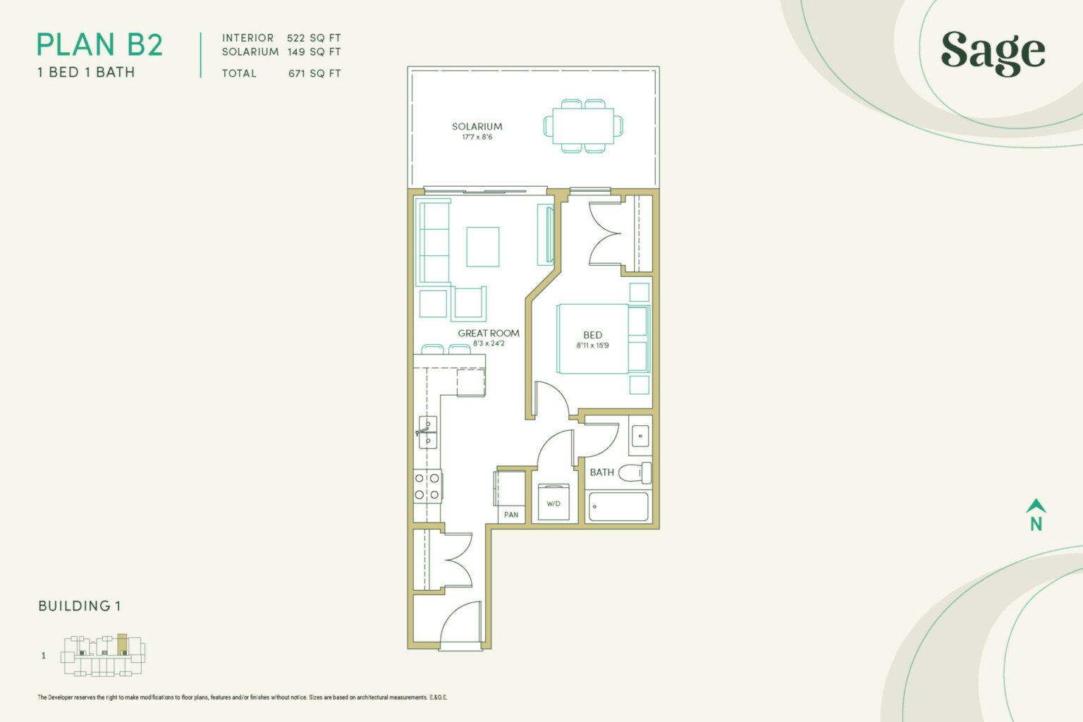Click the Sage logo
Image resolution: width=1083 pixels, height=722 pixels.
993,53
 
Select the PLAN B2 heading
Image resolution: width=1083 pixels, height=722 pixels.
99,45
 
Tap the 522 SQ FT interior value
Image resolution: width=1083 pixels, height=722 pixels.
314,38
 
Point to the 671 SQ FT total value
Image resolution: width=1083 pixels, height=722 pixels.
314,73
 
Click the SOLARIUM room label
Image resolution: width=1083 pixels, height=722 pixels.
477,127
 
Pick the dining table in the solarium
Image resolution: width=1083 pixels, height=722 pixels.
583,126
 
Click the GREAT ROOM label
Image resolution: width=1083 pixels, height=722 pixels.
489,334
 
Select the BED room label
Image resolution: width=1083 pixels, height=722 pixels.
593,335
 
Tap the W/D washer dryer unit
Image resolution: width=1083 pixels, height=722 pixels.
553,502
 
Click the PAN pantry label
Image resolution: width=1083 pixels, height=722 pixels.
511,515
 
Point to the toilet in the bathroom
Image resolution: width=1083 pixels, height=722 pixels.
635,472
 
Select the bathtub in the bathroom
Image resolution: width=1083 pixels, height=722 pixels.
618,507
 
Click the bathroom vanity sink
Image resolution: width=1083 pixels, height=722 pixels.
641,436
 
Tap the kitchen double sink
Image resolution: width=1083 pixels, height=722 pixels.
428,432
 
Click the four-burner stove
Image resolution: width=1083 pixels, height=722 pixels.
427,487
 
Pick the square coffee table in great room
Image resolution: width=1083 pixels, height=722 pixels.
482,247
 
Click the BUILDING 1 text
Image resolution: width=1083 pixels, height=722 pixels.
80,606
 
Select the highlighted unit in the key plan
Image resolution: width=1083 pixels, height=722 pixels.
122,644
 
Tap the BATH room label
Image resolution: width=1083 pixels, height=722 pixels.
602,472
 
